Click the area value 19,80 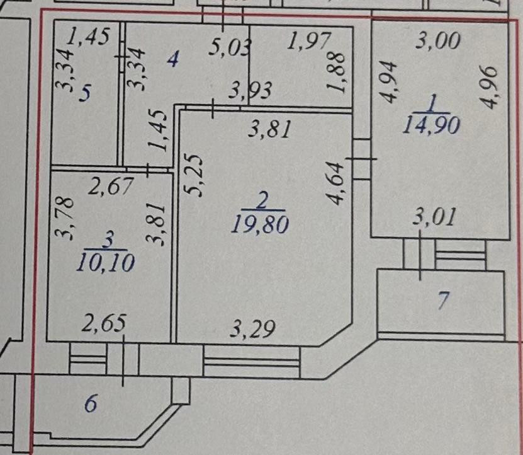pyautogui.click(x=260, y=224)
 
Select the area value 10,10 pyautogui.click(x=106, y=263)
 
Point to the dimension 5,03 pyautogui.click(x=230, y=47)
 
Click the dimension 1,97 pyautogui.click(x=309, y=41)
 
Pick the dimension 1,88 pyautogui.click(x=336, y=72)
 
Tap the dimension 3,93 pyautogui.click(x=250, y=90)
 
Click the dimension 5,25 pyautogui.click(x=193, y=175)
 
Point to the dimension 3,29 pyautogui.click(x=253, y=329)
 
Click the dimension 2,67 pyautogui.click(x=111, y=186)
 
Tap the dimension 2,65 pyautogui.click(x=104, y=323)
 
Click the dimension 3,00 pyautogui.click(x=439, y=42)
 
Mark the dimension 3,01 pyautogui.click(x=434, y=217)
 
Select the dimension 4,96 pyautogui.click(x=489, y=86)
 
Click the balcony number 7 pyautogui.click(x=442, y=301)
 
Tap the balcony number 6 pyautogui.click(x=91, y=403)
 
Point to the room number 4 pyautogui.click(x=173, y=59)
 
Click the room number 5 pyautogui.click(x=85, y=93)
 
